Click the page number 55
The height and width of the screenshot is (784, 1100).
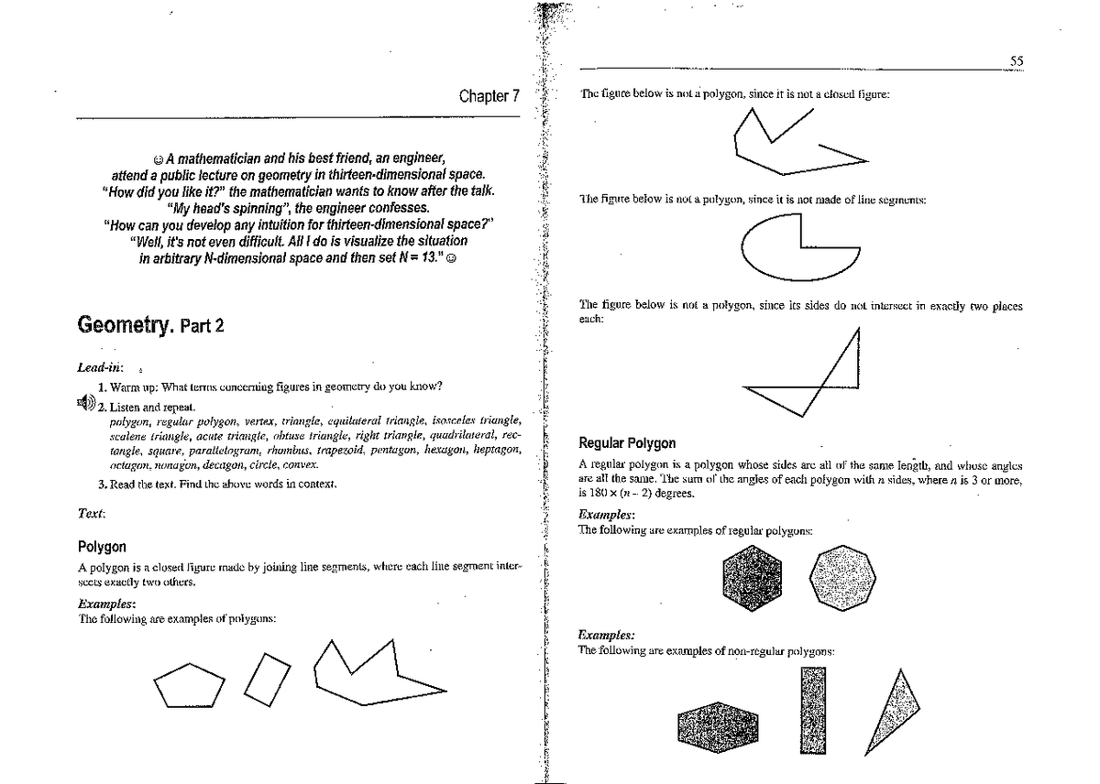point(1016,60)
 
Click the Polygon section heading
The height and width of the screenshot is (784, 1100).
point(102,547)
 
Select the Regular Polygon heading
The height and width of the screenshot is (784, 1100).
point(628,443)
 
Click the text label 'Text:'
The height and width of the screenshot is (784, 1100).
point(90,516)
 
